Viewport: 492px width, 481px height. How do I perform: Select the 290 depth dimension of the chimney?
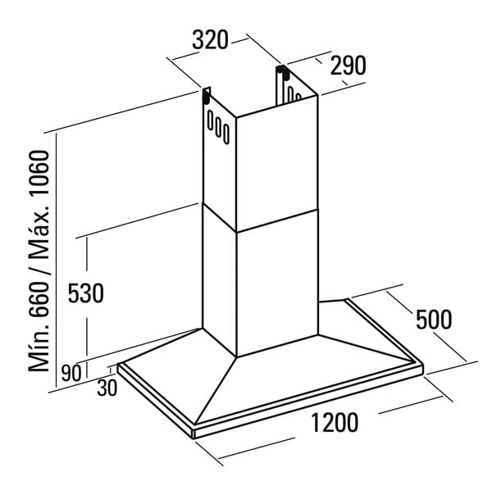[348, 66]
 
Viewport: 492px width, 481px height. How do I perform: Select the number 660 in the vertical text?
[42, 293]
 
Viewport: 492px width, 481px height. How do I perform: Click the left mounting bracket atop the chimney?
[205, 98]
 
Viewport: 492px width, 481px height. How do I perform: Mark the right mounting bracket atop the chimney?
[284, 78]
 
